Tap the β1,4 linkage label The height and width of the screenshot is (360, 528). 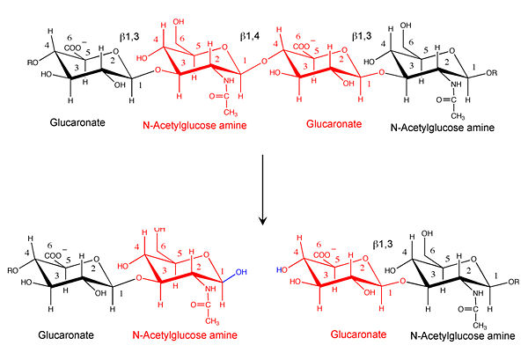pos(252,38)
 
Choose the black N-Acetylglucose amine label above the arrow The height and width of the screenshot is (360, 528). pos(445,127)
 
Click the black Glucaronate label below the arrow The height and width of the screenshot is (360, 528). pos(65,336)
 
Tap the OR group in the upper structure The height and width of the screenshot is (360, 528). pos(510,70)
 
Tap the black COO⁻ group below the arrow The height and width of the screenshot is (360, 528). pos(69,257)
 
